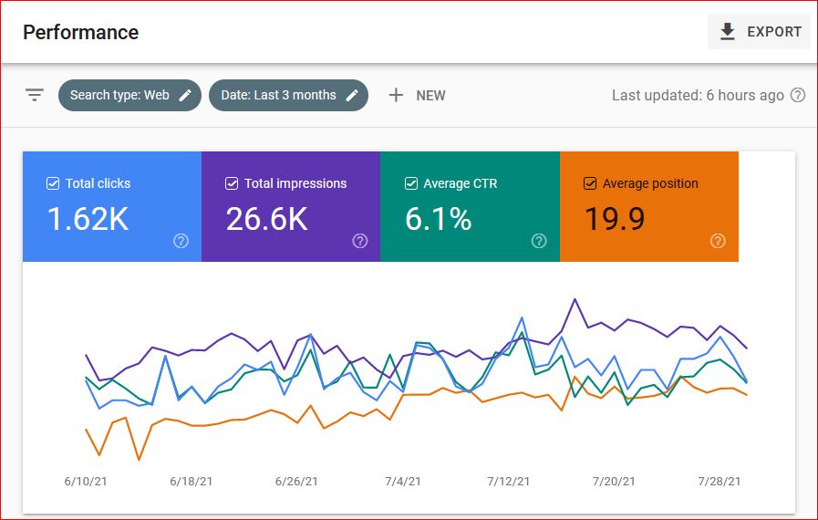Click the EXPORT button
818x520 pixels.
tap(759, 32)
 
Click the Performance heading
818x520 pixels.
tap(80, 33)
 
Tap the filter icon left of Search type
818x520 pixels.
tap(35, 95)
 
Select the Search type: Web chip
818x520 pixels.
tap(129, 95)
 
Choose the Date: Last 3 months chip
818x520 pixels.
tap(288, 95)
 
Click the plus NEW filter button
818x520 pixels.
tap(417, 95)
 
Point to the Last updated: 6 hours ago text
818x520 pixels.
tap(698, 95)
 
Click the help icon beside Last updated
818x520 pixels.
tap(798, 95)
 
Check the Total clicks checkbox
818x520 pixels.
tap(53, 183)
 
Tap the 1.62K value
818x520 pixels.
tap(88, 219)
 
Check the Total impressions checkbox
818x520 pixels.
tap(232, 183)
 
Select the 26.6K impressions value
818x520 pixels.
tap(266, 219)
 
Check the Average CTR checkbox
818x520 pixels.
tap(411, 183)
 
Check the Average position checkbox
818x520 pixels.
tap(590, 183)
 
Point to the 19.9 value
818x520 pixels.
tap(614, 219)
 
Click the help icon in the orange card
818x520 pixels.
tap(718, 241)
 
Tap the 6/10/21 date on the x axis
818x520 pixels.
tap(86, 481)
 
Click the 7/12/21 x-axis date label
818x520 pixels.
tap(509, 481)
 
